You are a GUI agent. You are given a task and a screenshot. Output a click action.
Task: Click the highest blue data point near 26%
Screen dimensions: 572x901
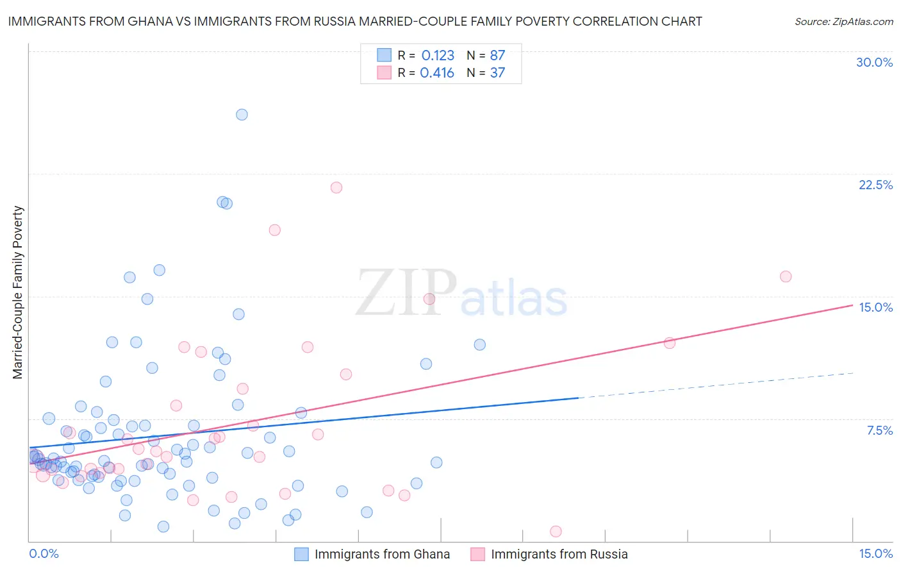click(242, 115)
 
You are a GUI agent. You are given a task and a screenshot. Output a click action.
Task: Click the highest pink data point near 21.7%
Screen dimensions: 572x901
click(336, 188)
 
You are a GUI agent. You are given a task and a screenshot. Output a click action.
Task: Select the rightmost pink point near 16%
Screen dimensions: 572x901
click(786, 276)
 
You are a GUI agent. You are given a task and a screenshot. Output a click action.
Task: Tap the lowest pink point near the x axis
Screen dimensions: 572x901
click(556, 532)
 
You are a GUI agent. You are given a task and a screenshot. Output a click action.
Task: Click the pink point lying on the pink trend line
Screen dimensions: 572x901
click(670, 343)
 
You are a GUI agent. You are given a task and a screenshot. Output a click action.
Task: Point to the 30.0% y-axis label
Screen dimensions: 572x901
click(874, 62)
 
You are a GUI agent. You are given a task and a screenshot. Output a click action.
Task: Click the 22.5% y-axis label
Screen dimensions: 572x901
click(875, 185)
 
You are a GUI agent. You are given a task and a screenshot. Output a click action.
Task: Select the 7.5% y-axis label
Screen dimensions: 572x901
click(879, 430)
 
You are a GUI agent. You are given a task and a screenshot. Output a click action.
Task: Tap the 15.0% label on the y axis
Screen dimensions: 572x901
click(875, 307)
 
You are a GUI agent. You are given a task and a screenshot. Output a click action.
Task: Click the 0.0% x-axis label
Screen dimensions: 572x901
click(44, 554)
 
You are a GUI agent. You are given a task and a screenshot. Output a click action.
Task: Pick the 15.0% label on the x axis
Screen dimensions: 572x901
click(875, 554)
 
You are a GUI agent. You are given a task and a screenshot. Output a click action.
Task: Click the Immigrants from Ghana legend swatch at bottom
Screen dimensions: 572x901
click(301, 555)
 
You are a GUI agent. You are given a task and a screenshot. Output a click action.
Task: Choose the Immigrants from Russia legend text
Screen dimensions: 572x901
click(559, 555)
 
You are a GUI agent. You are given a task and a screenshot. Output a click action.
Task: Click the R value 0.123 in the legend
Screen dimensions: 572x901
click(438, 56)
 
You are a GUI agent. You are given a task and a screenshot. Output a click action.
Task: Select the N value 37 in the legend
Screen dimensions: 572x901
click(497, 73)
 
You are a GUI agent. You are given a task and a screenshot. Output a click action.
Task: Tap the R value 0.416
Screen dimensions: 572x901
click(437, 73)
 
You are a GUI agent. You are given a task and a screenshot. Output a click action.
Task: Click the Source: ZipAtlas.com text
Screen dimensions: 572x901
click(843, 22)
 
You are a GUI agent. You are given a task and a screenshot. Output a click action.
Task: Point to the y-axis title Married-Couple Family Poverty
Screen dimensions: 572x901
click(18, 292)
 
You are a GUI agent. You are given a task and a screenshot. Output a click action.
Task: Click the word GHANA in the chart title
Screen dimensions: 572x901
click(149, 22)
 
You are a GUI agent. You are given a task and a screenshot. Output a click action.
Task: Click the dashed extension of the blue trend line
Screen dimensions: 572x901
click(718, 385)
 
